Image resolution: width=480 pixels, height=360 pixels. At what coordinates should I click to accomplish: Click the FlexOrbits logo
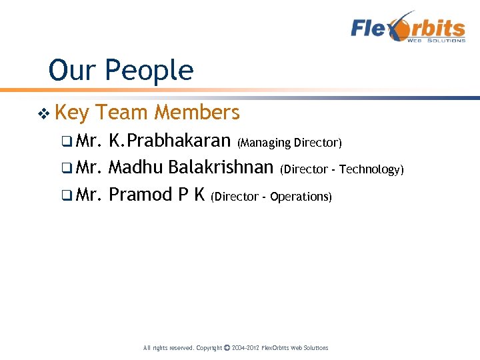coord(408,28)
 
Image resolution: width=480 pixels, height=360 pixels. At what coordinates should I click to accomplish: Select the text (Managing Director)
coord(289,143)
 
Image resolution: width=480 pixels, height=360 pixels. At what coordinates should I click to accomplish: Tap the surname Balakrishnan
coord(221,169)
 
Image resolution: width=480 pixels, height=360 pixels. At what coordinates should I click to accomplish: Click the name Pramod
coord(140,195)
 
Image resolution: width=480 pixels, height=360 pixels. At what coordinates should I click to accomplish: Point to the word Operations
coord(301,197)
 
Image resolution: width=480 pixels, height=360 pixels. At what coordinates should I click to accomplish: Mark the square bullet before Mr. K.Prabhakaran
coord(65,143)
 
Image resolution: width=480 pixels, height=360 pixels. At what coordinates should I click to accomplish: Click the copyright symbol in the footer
coord(227,347)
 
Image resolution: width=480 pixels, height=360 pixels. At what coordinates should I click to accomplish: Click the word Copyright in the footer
coord(209,348)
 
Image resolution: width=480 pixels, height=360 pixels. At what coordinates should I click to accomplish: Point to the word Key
coord(72,113)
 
